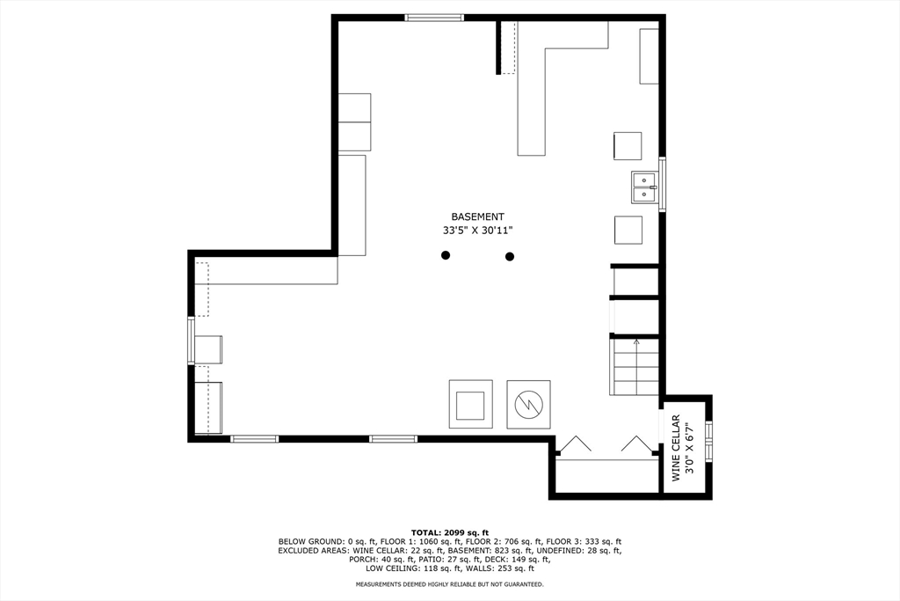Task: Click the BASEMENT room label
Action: (x=477, y=216)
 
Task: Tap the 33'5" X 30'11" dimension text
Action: (x=477, y=231)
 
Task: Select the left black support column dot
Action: (x=446, y=255)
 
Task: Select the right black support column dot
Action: (x=510, y=256)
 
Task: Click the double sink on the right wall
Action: (x=644, y=187)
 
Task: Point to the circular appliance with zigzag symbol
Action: (x=529, y=404)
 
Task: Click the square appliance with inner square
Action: (x=471, y=404)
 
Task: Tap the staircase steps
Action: (x=635, y=367)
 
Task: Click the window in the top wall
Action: (x=434, y=17)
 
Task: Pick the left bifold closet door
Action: (x=577, y=445)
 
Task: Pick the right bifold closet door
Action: (x=636, y=445)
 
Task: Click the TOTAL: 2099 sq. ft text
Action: (x=450, y=532)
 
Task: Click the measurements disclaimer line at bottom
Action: (x=450, y=584)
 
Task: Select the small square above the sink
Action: (x=628, y=146)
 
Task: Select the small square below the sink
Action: (x=628, y=230)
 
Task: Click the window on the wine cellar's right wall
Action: (x=708, y=442)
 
